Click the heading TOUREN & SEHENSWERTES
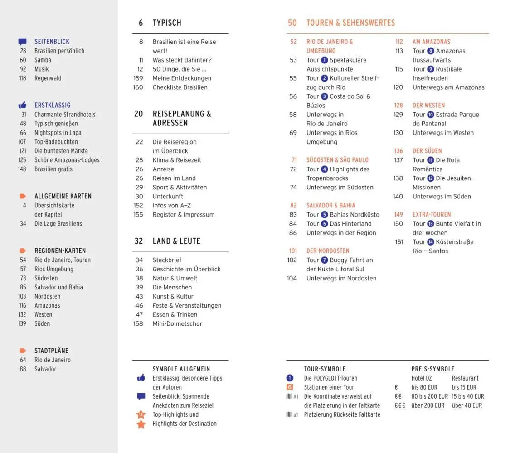tap(350, 23)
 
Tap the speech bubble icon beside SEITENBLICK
tap(22, 42)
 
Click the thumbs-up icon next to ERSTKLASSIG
tap(22, 105)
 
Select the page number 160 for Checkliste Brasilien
tap(138, 87)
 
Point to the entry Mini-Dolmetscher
tap(177, 324)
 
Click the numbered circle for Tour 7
tap(324, 260)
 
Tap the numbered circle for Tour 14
tap(430, 242)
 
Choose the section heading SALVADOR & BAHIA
tap(330, 205)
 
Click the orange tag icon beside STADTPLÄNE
tap(23, 351)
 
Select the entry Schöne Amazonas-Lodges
tap(67, 160)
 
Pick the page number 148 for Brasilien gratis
tap(22, 169)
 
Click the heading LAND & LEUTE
tap(176, 241)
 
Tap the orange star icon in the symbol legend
tap(141, 424)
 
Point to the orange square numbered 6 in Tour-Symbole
tap(290, 387)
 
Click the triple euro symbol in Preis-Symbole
tap(399, 405)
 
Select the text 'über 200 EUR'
tap(428, 405)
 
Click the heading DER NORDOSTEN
tap(328, 251)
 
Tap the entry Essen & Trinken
tap(175, 315)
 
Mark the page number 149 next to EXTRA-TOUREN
tap(398, 215)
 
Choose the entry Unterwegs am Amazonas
tap(448, 87)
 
